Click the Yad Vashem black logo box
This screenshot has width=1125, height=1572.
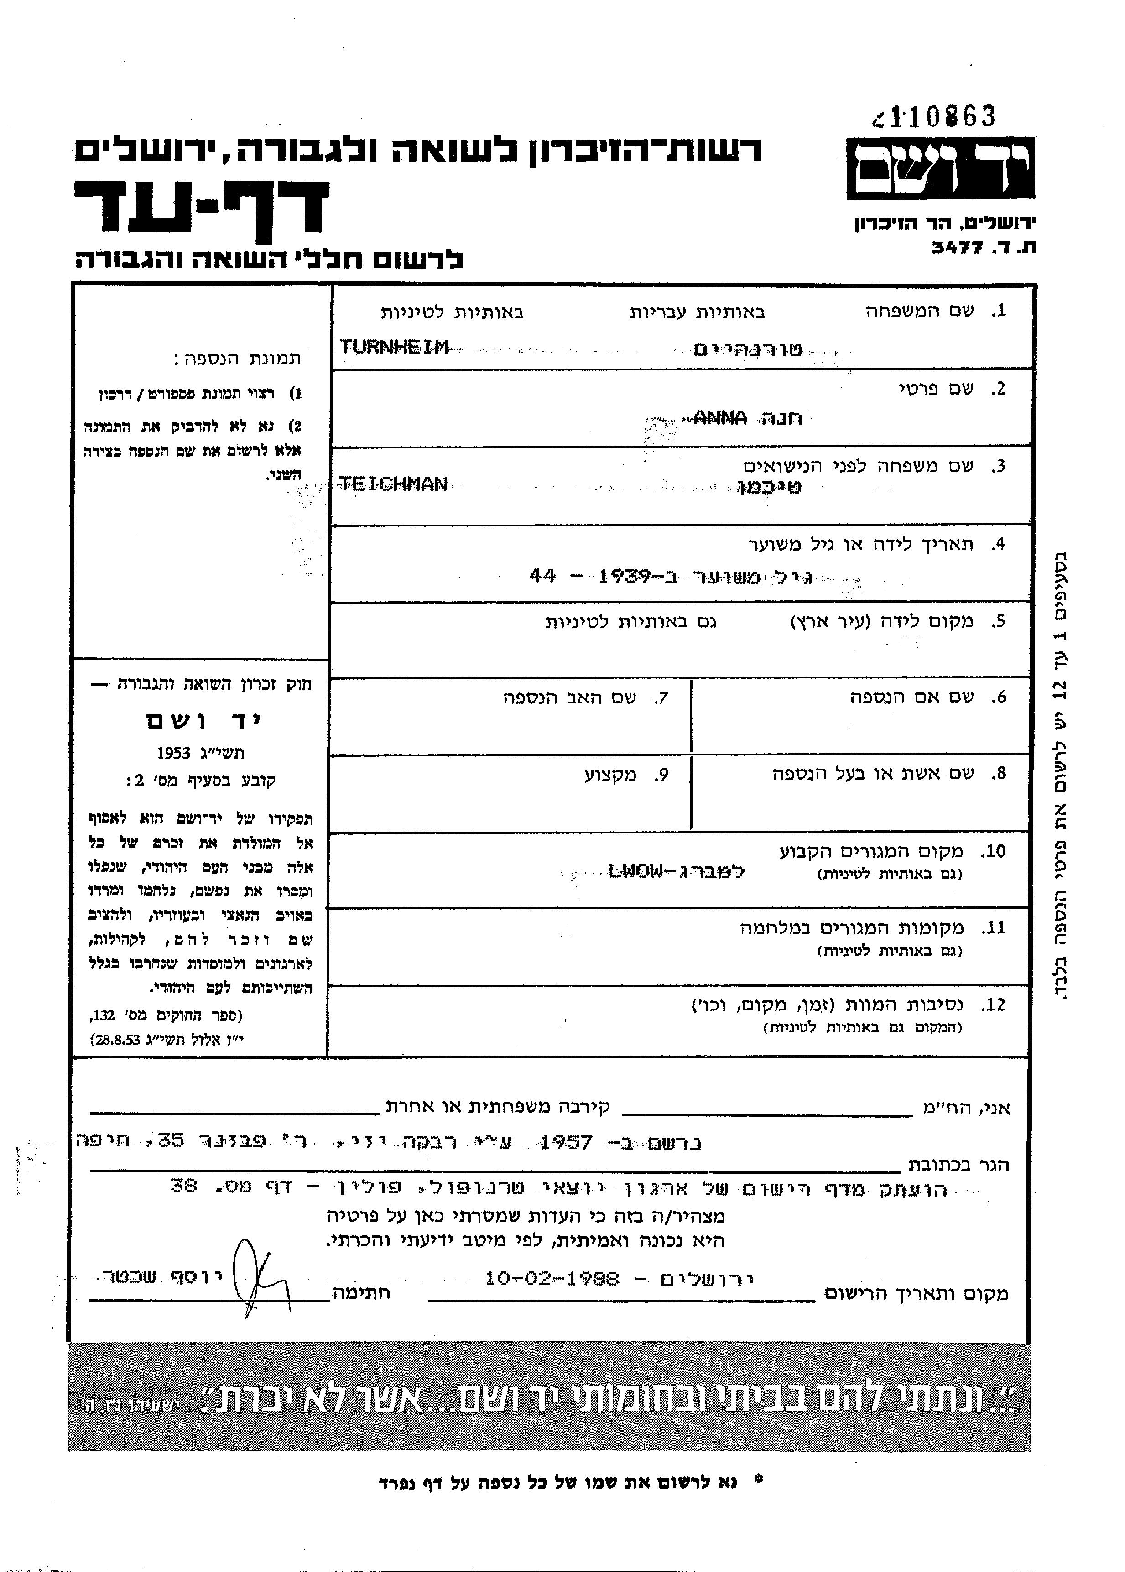[x=940, y=168]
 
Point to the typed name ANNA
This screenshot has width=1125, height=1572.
[x=720, y=417]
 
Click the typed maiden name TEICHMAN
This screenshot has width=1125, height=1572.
[x=393, y=484]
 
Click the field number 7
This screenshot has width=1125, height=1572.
[x=660, y=698]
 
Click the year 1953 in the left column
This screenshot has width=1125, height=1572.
[x=173, y=753]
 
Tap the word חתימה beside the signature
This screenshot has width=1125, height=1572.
[x=362, y=1292]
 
